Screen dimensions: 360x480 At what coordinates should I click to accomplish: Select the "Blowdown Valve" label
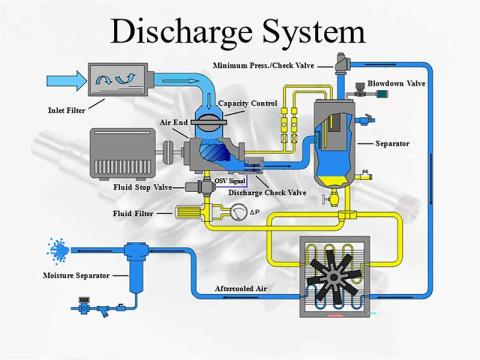point(396,83)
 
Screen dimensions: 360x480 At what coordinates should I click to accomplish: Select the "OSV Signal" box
point(230,180)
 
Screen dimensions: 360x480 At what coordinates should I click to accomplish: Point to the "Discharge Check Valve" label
point(267,192)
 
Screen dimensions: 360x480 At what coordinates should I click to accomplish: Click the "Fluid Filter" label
point(132,213)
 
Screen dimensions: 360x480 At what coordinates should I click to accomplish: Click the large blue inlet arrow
point(66,78)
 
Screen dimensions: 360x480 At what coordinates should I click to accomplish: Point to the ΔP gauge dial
point(237,213)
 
